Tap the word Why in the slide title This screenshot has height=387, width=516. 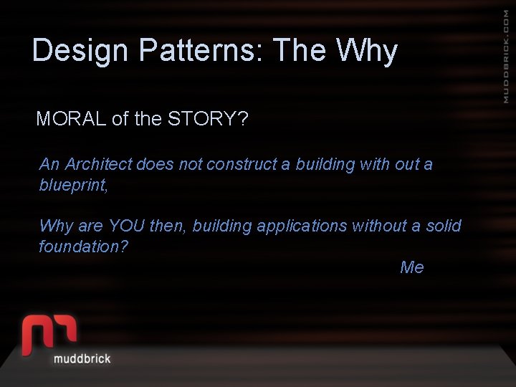click(x=366, y=52)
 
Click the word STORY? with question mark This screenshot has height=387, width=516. click(x=208, y=119)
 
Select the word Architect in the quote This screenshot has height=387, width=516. click(x=99, y=164)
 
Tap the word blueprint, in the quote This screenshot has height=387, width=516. click(x=73, y=185)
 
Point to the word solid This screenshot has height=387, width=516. click(x=444, y=226)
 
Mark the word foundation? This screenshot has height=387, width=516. click(x=83, y=247)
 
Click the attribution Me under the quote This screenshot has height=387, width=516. click(x=412, y=267)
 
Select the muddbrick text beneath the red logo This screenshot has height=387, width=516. click(x=82, y=358)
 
